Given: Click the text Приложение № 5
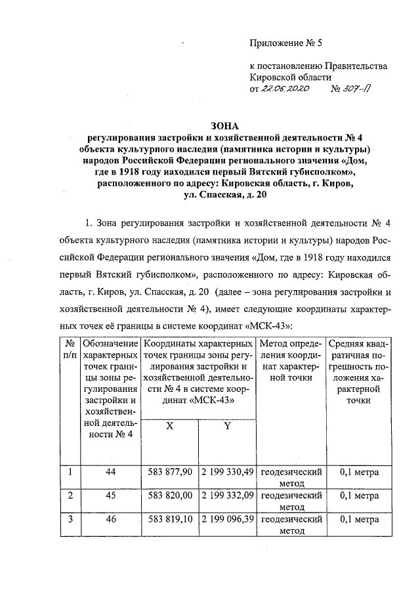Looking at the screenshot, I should point(287,44).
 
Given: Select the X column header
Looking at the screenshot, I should point(170,425).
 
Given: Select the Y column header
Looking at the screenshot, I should point(227,425).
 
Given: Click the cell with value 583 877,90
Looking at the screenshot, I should point(170,472).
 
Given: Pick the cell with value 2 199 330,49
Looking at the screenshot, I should point(227,472).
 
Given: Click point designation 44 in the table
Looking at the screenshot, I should point(110,472).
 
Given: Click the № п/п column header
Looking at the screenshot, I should point(69,349).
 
